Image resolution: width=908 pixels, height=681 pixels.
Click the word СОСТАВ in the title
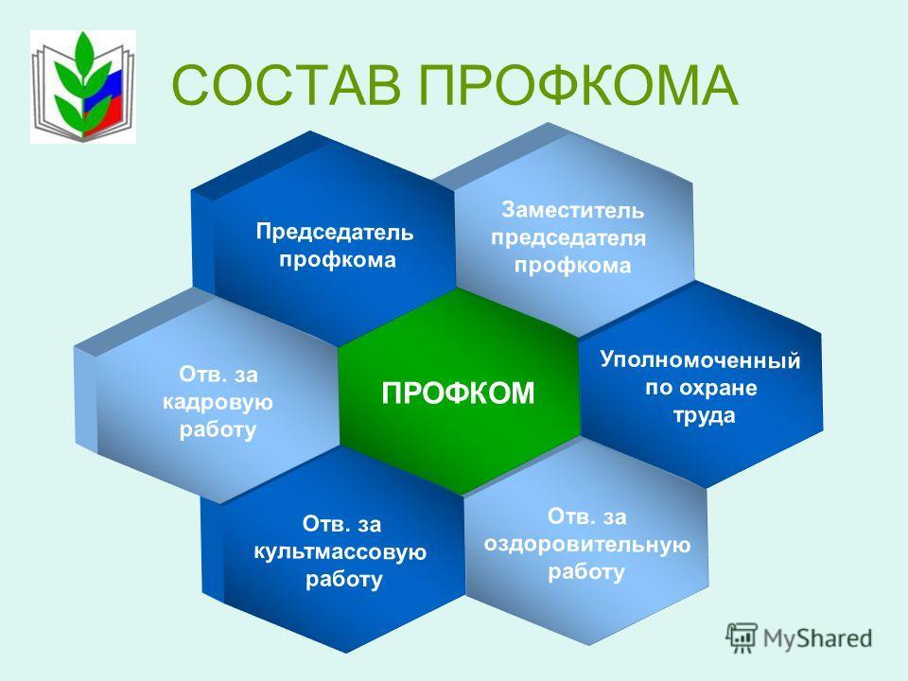click(286, 85)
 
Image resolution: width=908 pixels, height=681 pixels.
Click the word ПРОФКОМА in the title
click(579, 85)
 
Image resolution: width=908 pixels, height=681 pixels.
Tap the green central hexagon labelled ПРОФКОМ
click(459, 392)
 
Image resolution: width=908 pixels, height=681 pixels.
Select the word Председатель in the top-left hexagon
click(335, 233)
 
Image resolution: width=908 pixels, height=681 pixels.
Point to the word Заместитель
click(572, 210)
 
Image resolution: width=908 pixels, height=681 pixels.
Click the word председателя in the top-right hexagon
click(568, 238)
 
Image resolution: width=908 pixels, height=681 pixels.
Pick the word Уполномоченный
click(700, 360)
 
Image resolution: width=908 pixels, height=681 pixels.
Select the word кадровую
click(218, 403)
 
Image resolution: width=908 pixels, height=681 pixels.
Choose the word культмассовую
click(340, 551)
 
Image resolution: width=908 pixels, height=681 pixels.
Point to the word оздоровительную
click(587, 545)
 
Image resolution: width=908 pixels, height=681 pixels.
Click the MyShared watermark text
click(817, 638)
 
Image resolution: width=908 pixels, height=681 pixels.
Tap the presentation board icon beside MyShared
click(742, 638)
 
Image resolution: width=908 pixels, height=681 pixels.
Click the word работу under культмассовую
click(344, 580)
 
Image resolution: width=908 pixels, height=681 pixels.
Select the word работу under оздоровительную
click(586, 573)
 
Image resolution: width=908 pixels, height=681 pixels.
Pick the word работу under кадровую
click(218, 430)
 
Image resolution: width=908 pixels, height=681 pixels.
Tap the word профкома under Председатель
click(338, 260)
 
